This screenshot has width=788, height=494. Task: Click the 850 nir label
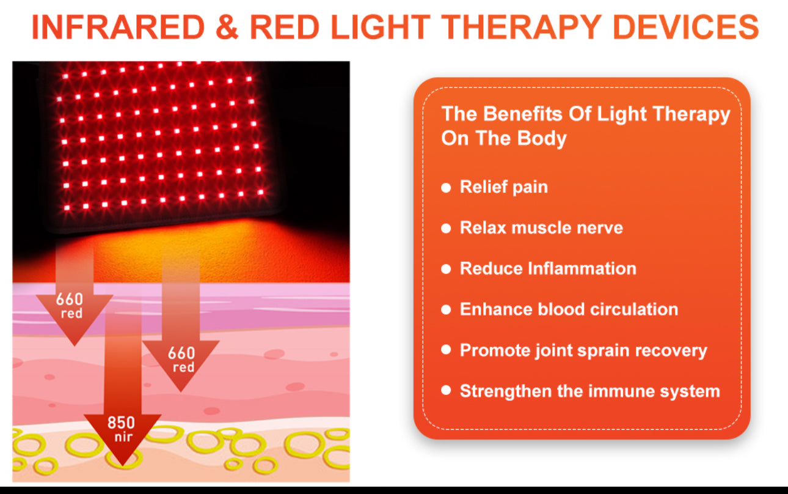pyautogui.click(x=121, y=429)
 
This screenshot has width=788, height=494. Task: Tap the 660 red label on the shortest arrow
pyautogui.click(x=69, y=306)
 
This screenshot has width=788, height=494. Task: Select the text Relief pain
pyautogui.click(x=503, y=187)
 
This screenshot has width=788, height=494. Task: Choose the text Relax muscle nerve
pyautogui.click(x=541, y=228)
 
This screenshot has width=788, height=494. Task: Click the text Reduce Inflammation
pyautogui.click(x=548, y=268)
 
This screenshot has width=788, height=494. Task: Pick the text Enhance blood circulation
pyautogui.click(x=569, y=309)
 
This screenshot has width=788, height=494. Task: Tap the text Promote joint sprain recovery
pyautogui.click(x=583, y=350)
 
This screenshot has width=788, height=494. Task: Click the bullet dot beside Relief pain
pyautogui.click(x=446, y=188)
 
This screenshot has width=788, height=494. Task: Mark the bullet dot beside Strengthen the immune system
pyautogui.click(x=446, y=391)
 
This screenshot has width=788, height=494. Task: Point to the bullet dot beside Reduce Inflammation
pyautogui.click(x=446, y=269)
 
